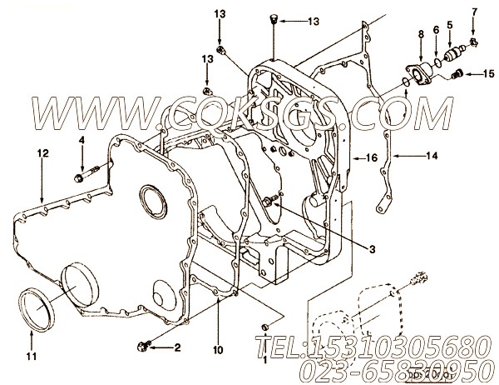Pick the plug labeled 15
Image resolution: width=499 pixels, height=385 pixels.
[455, 76]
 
